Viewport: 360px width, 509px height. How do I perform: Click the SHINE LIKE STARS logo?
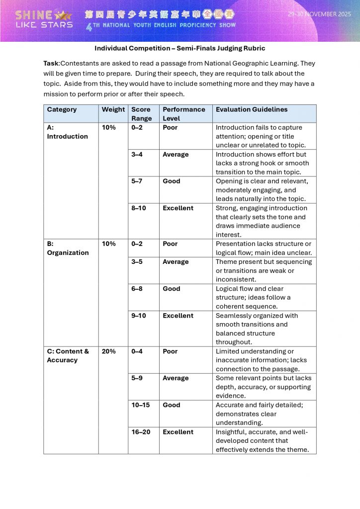coord(44,19)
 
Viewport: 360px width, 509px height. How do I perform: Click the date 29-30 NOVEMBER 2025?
coord(319,14)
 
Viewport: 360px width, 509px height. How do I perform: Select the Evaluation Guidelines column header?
coord(251,109)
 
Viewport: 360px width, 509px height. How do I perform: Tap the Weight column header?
coord(113,109)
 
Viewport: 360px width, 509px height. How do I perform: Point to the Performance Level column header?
coord(183,114)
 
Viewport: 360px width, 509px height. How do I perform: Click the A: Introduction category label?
coord(67,132)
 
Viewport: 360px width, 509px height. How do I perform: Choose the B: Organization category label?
coord(68,248)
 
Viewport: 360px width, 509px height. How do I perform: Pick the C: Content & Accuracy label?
coord(68,355)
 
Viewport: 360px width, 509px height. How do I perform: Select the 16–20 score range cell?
coord(141,432)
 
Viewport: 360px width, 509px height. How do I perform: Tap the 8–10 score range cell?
coord(139,208)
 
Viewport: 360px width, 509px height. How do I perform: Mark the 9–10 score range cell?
coord(139,315)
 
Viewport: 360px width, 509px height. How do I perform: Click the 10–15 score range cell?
coord(141,405)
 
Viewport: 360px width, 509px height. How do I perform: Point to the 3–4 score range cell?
coord(137,154)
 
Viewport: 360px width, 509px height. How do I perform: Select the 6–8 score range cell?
coord(137,288)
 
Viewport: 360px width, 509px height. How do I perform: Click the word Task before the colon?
coord(51,64)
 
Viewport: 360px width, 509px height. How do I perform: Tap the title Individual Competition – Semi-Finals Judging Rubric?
coord(180,48)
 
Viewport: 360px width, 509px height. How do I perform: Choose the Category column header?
coord(62,109)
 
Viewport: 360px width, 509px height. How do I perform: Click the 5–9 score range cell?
coord(137,378)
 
